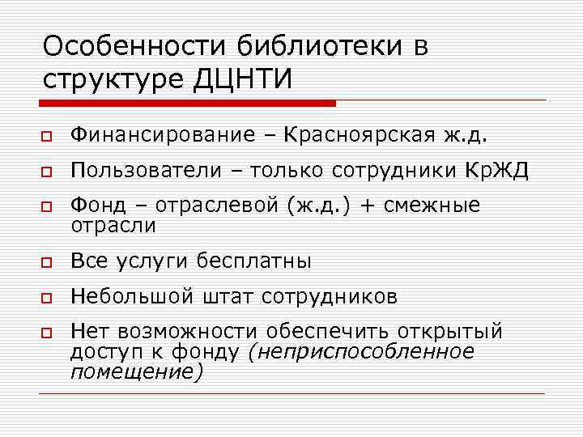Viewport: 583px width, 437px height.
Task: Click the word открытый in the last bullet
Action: point(451,332)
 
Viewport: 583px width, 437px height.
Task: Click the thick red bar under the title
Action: point(187,104)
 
